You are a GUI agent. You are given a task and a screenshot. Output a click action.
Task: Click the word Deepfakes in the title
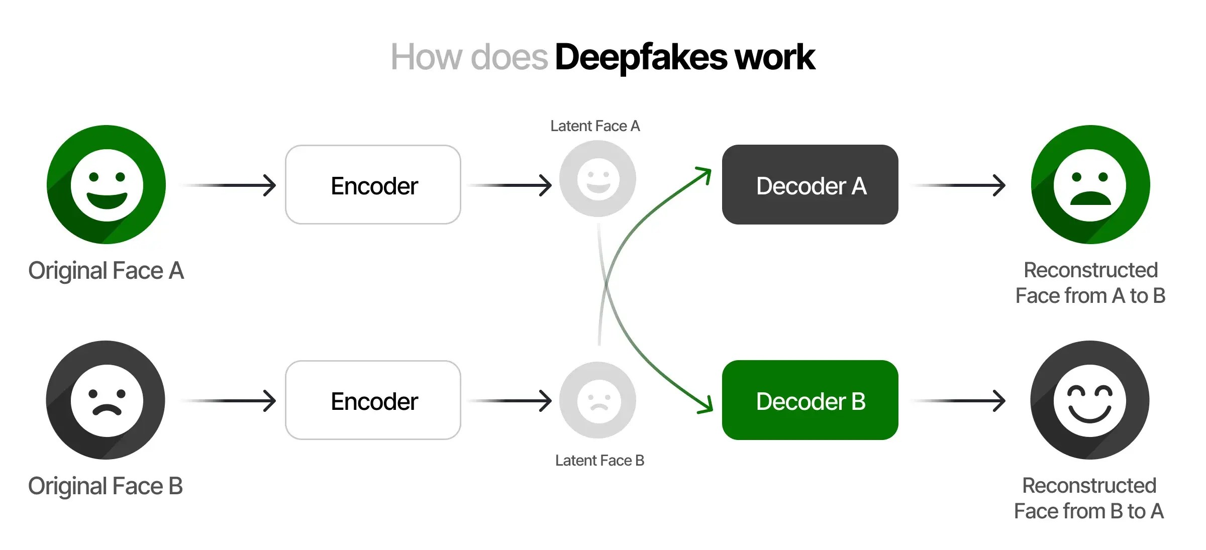pos(641,57)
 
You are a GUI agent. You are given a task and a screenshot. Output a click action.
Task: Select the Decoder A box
pos(810,185)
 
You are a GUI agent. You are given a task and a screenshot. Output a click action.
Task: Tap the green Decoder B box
pos(810,400)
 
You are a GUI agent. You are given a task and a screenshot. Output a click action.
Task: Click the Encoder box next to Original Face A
pos(373,185)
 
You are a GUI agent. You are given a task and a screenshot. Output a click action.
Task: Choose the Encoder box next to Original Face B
pos(373,400)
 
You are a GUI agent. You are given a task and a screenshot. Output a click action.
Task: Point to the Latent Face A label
pos(595,126)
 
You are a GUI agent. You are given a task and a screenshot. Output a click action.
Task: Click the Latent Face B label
pos(599,461)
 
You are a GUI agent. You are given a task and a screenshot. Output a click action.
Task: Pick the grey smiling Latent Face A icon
pos(597,179)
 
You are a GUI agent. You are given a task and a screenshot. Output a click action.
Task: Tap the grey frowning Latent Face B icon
pos(597,400)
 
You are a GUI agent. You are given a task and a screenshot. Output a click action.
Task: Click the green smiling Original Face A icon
pos(107,184)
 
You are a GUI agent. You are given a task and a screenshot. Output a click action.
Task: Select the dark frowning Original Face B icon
pos(106,400)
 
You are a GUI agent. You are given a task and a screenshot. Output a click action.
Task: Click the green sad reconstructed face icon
pos(1090,184)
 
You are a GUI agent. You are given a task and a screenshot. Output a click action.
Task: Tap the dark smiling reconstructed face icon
pos(1089,400)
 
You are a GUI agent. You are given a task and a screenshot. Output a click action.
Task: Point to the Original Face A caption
pos(106,271)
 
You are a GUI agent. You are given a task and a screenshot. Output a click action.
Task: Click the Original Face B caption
pos(106,486)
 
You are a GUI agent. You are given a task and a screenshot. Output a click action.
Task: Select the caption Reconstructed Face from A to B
pos(1090,283)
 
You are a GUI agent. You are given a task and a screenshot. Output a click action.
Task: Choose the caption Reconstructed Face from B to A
pos(1089,498)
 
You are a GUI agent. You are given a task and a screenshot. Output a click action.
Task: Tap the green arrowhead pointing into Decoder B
pos(706,405)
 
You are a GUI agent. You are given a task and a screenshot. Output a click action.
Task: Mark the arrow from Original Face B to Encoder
pos(229,401)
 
